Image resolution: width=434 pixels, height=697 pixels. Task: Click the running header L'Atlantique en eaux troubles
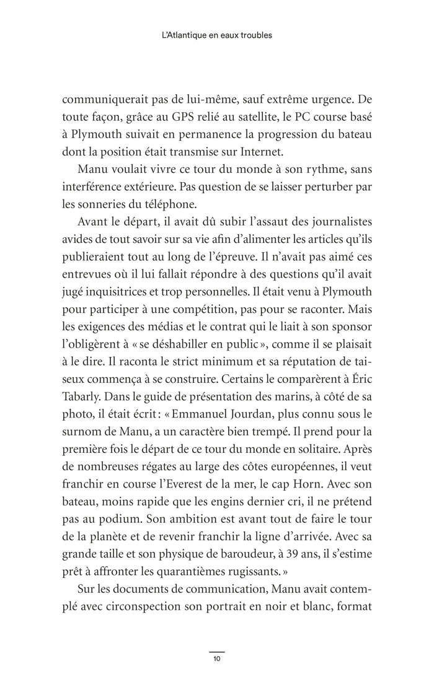(216, 35)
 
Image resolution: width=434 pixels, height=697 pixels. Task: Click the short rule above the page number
(216, 651)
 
